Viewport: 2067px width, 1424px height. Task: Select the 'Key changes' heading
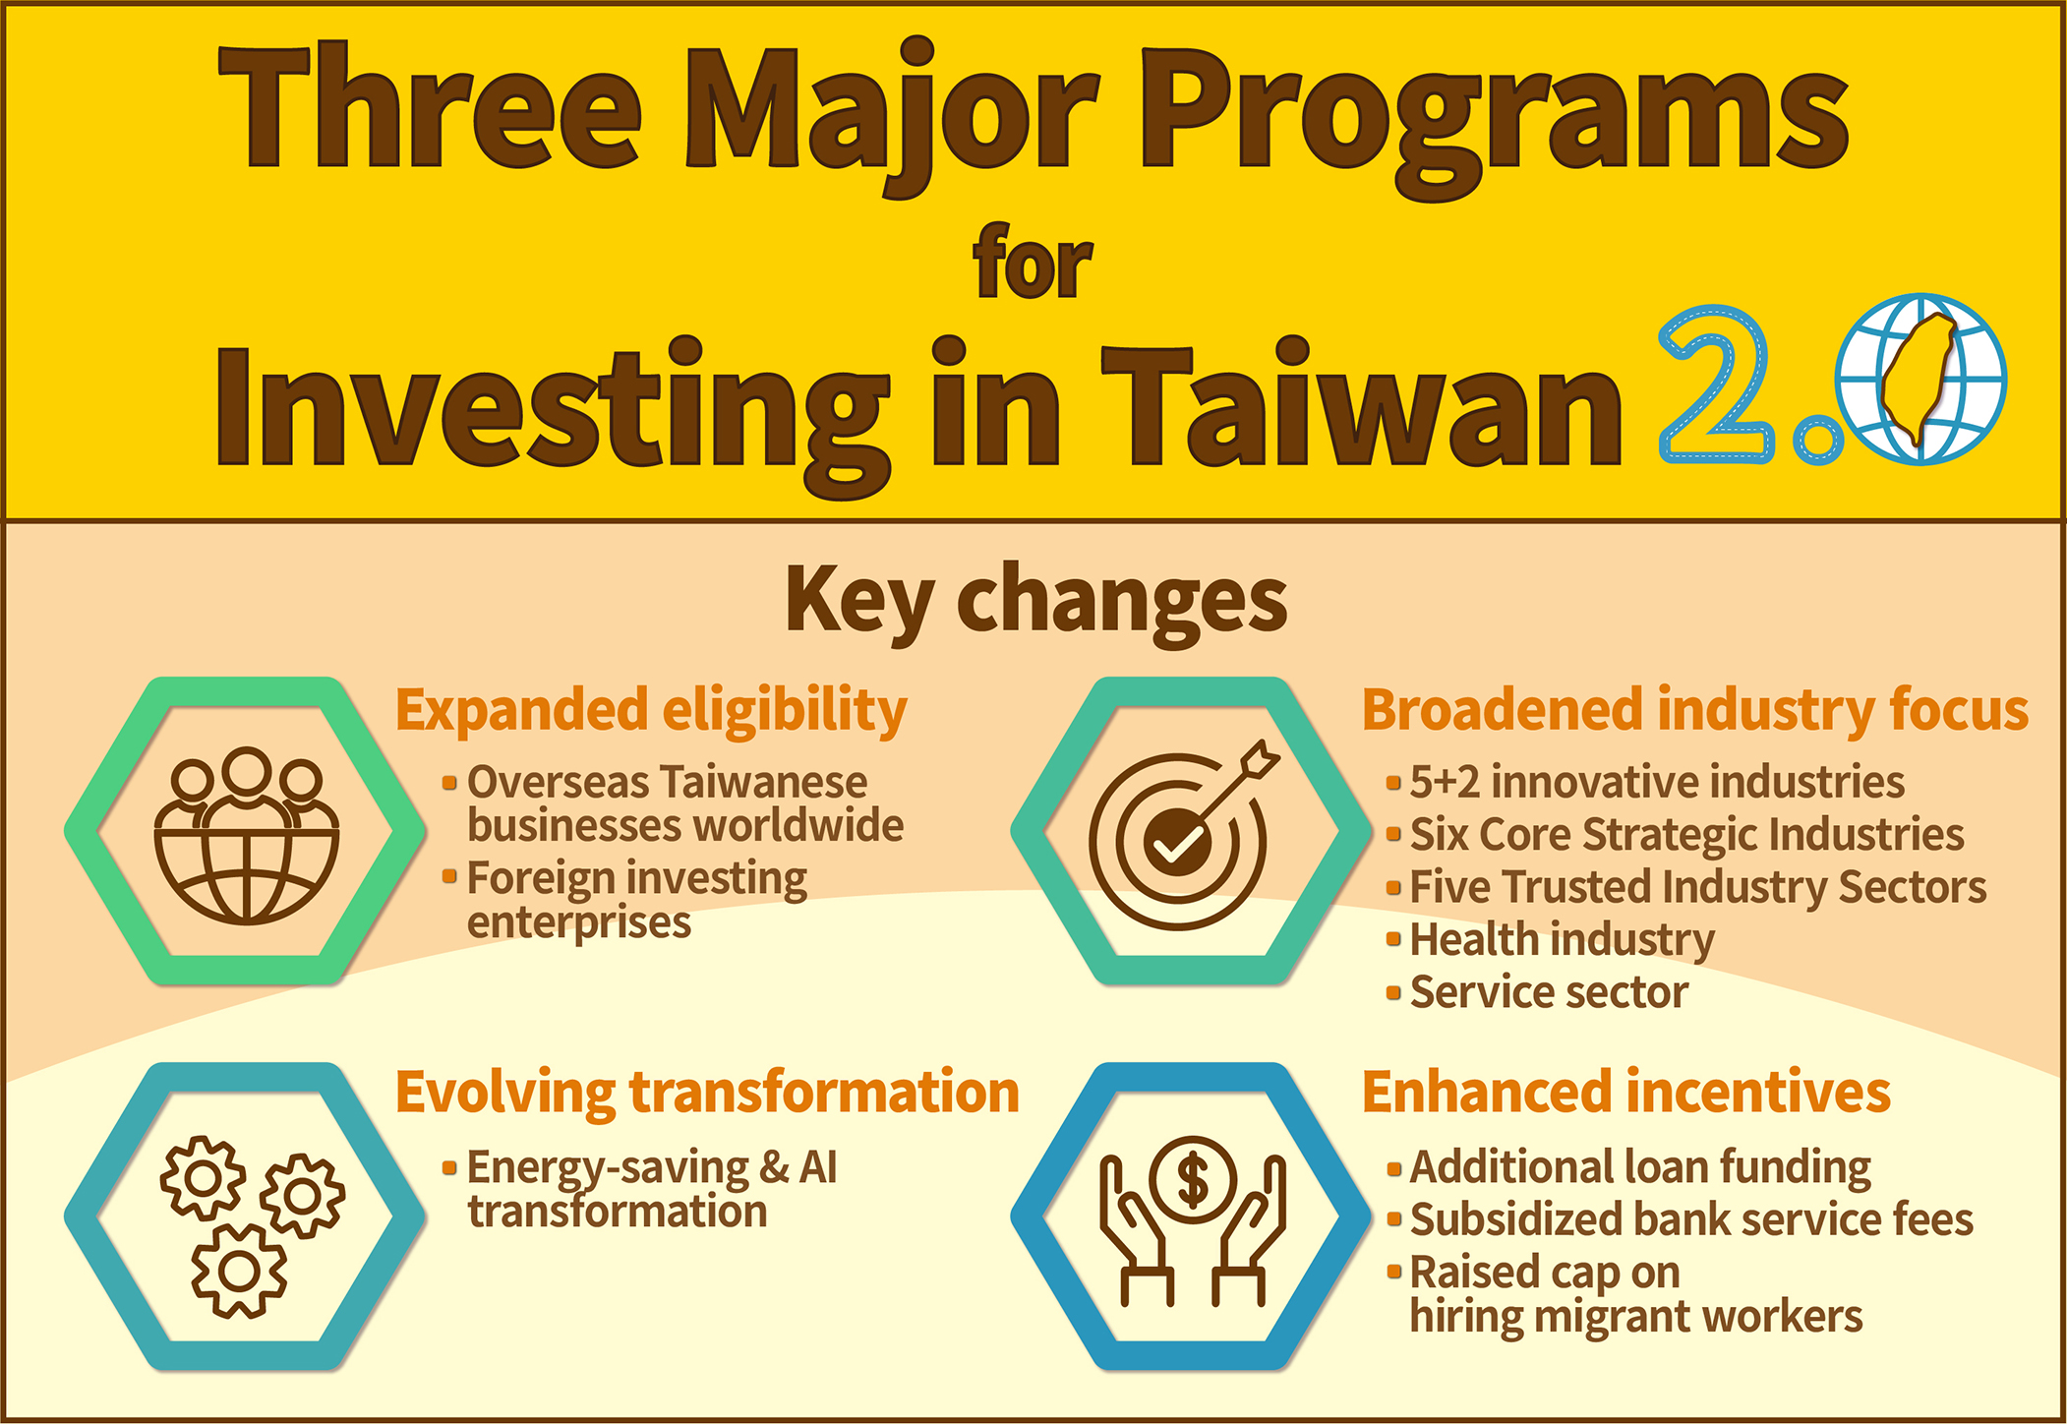coord(1035,601)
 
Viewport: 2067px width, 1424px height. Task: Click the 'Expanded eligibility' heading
coord(651,710)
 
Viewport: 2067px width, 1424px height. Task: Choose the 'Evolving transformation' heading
coord(707,1093)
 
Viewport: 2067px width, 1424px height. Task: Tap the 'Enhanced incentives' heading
coord(1626,1092)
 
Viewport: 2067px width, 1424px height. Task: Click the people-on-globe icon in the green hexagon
coord(246,835)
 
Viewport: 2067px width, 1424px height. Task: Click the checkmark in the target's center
coord(1177,842)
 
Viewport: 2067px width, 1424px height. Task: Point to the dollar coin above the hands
coord(1193,1179)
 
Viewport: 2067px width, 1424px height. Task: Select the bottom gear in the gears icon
coord(239,1271)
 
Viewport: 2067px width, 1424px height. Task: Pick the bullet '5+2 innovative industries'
coord(1646,783)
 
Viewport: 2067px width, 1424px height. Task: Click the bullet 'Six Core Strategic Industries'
coord(1676,835)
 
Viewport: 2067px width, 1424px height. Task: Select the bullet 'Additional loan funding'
coord(1629,1167)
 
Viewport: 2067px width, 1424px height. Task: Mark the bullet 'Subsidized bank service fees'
coord(1681,1219)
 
